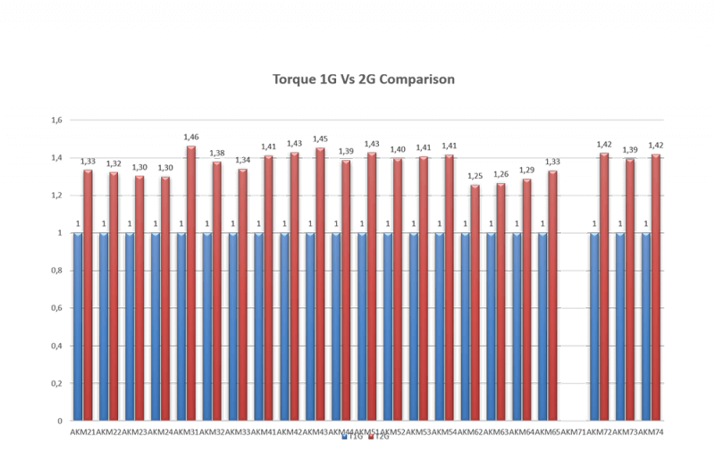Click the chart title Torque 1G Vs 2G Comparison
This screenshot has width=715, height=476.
pos(364,79)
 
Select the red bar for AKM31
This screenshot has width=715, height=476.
pos(190,283)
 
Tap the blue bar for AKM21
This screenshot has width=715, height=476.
pos(78,326)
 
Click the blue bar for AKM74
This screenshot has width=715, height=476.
pos(645,326)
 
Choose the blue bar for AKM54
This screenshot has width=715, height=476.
pos(439,326)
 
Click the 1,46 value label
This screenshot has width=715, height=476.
pos(190,137)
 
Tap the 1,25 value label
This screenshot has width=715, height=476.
pos(475,176)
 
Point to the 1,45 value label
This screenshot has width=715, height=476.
pos(320,138)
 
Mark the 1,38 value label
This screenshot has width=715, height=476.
pos(216,153)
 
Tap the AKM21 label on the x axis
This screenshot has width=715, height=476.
pos(82,431)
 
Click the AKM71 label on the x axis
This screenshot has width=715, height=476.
pos(573,431)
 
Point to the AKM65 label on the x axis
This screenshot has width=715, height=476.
pos(547,431)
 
